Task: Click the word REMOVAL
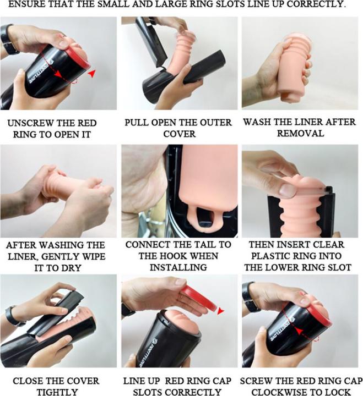(301, 133)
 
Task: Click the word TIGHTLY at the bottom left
(57, 392)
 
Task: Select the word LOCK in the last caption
(339, 392)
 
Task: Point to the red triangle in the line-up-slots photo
(220, 311)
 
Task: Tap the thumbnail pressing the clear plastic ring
(288, 190)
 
